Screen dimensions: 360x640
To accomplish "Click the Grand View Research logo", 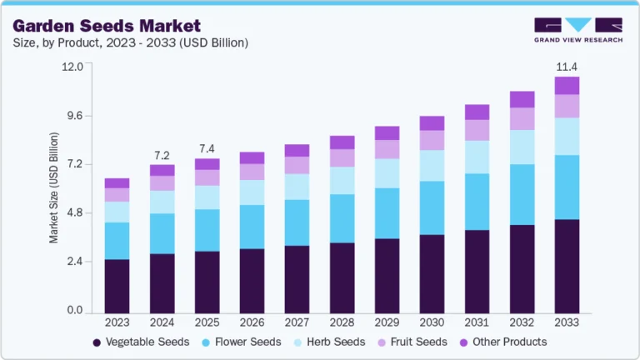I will tap(577, 29).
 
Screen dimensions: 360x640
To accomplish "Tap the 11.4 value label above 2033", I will tap(567, 66).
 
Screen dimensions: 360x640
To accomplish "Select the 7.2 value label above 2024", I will tap(162, 155).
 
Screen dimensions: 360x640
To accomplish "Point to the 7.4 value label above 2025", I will tap(207, 149).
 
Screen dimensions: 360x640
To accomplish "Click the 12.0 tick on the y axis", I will tap(72, 67).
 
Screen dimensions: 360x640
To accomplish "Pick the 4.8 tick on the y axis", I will tap(74, 213).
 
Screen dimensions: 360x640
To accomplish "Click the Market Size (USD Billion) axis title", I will tap(54, 187).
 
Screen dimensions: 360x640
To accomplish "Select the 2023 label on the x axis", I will tap(117, 322).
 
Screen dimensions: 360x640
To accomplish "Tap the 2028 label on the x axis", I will tap(342, 322).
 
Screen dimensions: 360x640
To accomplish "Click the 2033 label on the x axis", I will tap(567, 322).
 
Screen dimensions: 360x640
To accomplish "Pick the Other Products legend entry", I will tap(502, 342).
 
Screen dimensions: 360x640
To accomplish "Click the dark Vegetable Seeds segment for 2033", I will tap(567, 265).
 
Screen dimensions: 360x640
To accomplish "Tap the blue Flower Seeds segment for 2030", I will tap(432, 207).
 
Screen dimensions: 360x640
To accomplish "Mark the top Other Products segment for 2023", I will tap(117, 182).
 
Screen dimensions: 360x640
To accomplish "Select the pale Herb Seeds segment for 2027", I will tap(297, 187).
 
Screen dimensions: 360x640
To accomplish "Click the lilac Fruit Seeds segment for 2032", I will tap(522, 118).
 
